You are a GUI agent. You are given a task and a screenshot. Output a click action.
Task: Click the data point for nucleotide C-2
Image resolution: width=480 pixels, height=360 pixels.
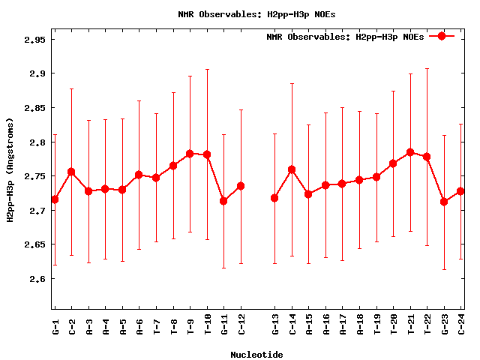[x=71, y=172]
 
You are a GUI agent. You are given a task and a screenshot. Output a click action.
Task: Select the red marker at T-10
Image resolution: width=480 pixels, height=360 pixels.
[x=207, y=154]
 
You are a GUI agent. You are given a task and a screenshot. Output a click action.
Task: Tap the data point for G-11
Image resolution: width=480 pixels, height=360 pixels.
[x=223, y=201]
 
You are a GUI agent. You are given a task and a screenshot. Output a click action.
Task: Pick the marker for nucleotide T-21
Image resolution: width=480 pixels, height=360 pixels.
[x=410, y=152]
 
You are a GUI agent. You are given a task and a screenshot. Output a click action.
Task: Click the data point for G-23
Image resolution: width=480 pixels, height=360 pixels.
[x=444, y=201]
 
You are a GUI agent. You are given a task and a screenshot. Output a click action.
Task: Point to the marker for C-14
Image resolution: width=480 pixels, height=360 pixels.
[x=292, y=169]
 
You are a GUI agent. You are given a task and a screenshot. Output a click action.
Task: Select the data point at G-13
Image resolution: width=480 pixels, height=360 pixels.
[x=274, y=198]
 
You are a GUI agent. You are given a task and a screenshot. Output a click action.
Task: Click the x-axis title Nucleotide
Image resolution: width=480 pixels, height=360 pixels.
[x=256, y=355]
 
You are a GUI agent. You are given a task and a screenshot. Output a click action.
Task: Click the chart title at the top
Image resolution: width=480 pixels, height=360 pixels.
[x=256, y=14]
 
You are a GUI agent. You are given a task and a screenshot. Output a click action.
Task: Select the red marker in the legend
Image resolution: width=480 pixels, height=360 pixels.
[x=442, y=36]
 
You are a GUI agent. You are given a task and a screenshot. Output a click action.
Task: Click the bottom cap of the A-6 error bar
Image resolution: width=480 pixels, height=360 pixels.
[x=139, y=249]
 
